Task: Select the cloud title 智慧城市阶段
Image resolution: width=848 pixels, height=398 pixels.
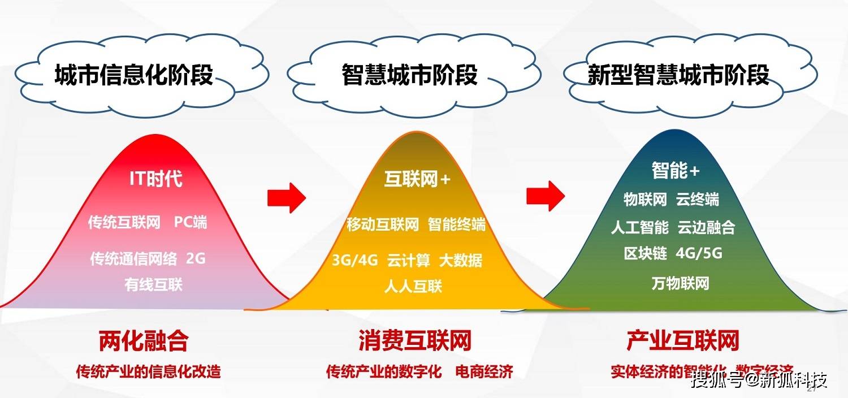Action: click(410, 75)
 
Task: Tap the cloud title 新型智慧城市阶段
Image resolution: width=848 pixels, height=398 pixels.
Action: click(678, 75)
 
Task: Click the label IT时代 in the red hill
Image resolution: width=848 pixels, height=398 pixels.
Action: click(155, 179)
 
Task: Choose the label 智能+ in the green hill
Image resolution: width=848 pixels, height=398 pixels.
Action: click(676, 170)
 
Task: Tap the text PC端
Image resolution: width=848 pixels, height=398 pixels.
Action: click(190, 222)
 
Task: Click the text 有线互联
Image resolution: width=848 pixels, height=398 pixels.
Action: click(154, 284)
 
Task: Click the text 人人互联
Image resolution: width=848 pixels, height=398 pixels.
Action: click(413, 286)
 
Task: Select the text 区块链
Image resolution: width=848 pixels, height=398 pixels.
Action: click(645, 253)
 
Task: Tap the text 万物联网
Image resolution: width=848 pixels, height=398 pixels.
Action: click(680, 283)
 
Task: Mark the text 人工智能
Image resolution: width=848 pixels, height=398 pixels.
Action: click(639, 227)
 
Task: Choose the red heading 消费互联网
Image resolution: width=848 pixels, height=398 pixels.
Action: click(414, 341)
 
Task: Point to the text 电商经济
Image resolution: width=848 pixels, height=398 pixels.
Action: click(484, 372)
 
